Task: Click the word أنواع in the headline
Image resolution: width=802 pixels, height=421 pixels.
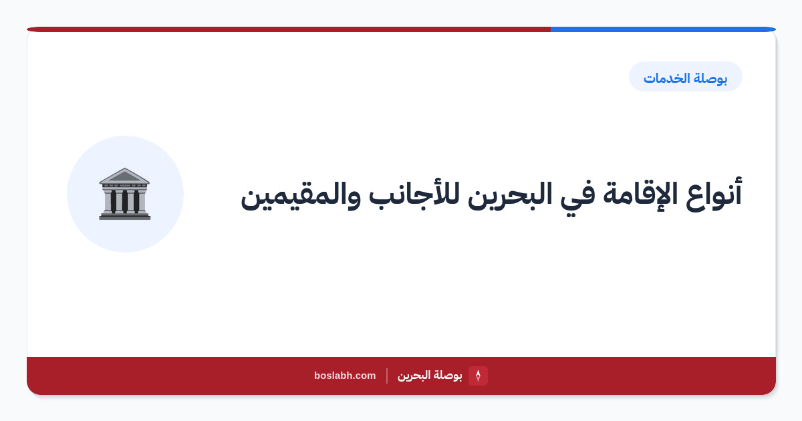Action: [x=714, y=194]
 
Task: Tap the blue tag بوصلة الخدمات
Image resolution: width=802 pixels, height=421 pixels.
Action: [x=686, y=77]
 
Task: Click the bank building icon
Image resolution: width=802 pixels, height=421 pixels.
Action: [x=124, y=194]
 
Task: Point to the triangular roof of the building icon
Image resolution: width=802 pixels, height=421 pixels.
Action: [x=124, y=176]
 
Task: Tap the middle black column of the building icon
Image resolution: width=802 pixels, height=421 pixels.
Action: [x=124, y=201]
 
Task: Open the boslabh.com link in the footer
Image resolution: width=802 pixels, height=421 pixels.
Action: [x=345, y=376]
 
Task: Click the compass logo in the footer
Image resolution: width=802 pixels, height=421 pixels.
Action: [x=478, y=376]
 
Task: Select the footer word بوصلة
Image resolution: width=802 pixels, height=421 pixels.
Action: [x=448, y=376]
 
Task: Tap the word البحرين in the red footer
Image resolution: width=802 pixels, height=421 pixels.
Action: [x=414, y=376]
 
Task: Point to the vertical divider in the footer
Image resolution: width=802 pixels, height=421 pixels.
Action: [x=387, y=376]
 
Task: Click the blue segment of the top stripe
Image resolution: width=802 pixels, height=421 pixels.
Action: [x=663, y=29]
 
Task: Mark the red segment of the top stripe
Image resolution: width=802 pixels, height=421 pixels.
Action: [x=289, y=29]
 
